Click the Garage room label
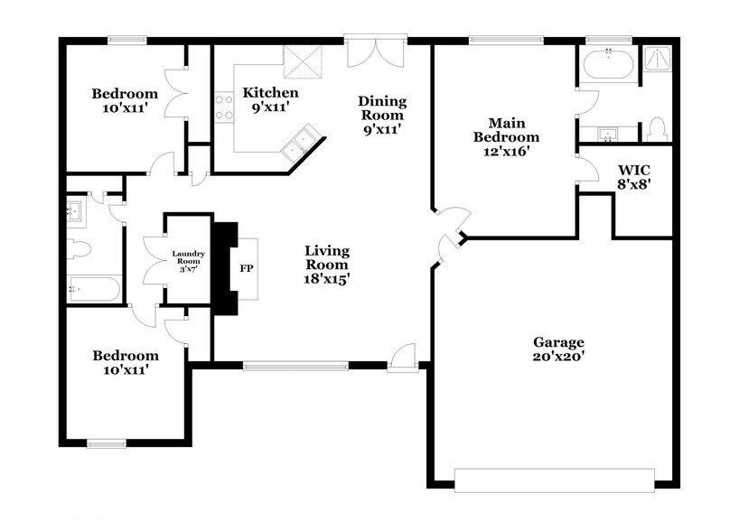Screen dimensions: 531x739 click(x=558, y=342)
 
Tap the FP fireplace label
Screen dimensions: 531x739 click(x=246, y=268)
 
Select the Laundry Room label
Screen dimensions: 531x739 click(x=189, y=255)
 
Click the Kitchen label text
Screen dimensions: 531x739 click(x=270, y=93)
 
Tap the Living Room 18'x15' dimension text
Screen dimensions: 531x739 click(x=326, y=279)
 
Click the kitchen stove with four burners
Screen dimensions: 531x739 click(x=223, y=107)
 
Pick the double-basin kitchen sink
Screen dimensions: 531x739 click(x=301, y=142)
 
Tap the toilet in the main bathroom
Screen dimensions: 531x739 click(x=658, y=130)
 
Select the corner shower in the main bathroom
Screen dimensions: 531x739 click(x=657, y=61)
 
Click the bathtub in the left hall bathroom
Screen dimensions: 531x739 click(x=94, y=289)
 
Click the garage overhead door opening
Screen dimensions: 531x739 click(x=554, y=480)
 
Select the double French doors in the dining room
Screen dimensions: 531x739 click(x=376, y=51)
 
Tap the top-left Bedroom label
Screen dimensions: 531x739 click(x=125, y=93)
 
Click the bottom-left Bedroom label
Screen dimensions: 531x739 click(x=126, y=356)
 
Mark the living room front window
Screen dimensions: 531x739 click(x=295, y=366)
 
